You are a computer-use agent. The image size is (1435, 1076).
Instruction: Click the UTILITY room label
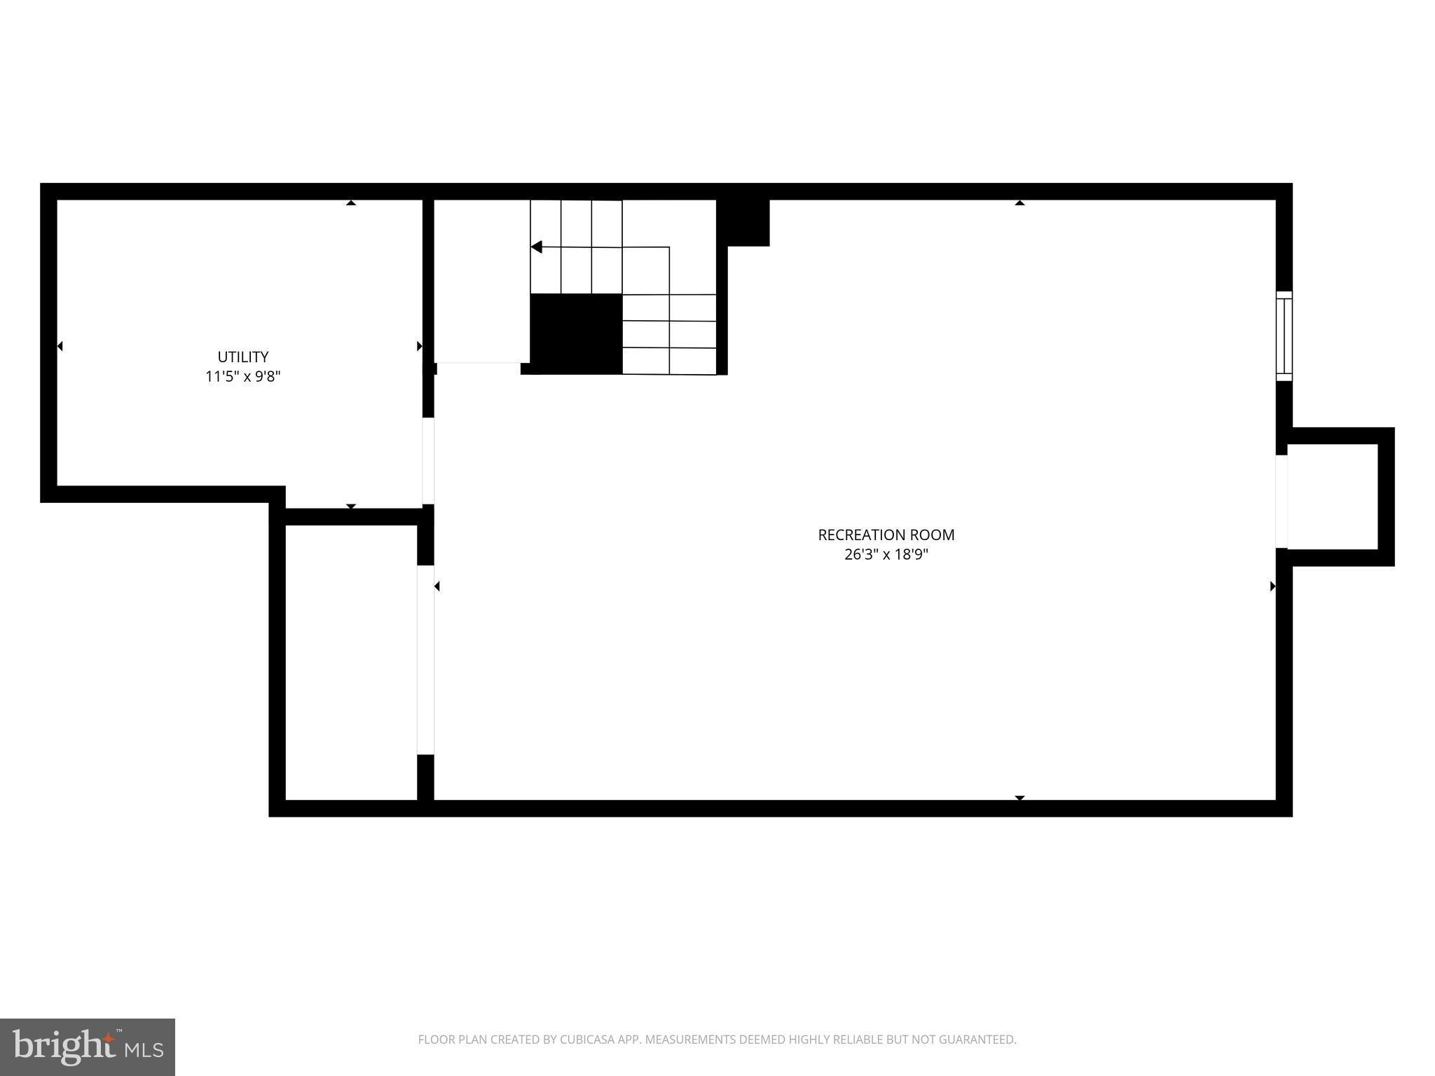coord(242,357)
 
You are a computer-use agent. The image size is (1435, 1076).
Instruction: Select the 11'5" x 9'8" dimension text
coord(242,377)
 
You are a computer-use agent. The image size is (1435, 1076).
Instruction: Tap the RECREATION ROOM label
coord(886,535)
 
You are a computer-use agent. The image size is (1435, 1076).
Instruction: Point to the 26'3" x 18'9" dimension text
coord(886,555)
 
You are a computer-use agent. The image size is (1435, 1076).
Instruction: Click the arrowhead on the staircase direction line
coord(536,247)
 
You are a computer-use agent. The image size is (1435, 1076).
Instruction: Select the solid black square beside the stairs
coord(576,333)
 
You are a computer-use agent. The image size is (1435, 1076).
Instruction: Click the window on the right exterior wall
coord(1284,336)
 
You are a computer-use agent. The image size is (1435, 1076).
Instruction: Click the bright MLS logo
coord(88,1047)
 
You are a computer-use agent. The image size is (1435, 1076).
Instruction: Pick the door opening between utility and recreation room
coord(427,461)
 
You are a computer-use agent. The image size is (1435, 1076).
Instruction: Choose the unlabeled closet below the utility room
coord(350,662)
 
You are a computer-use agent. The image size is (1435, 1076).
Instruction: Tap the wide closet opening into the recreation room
coord(425,660)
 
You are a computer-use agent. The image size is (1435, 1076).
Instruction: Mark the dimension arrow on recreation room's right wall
coord(1272,586)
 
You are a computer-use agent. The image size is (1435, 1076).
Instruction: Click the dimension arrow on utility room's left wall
coord(60,346)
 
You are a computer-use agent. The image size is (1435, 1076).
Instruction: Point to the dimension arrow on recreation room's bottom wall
coord(1019,798)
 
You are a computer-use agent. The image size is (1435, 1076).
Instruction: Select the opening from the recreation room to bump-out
coord(1282,502)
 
